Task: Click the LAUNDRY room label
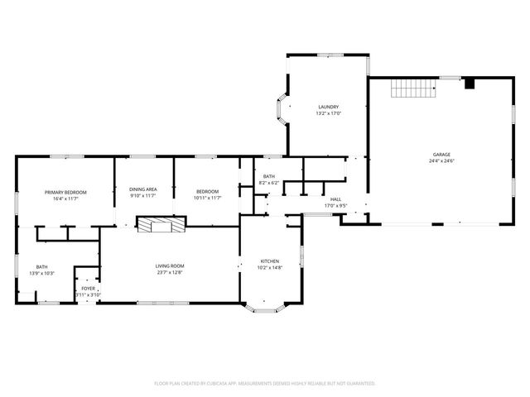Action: [329, 107]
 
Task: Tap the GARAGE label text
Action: [441, 155]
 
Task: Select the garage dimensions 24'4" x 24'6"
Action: [441, 160]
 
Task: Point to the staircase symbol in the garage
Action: [413, 88]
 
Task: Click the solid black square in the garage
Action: [470, 84]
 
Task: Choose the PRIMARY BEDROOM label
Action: [65, 192]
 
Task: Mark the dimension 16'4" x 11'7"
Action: [65, 198]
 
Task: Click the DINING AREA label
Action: [143, 189]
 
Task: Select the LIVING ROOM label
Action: [169, 265]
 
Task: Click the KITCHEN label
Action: [270, 261]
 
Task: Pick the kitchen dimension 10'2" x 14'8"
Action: [270, 267]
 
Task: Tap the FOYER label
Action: [88, 289]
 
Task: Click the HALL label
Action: [336, 199]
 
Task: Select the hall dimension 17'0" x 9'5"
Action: [336, 205]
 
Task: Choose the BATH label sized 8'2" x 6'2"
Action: [269, 176]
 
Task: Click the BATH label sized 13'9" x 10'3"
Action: [41, 266]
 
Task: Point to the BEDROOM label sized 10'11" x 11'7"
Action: [207, 192]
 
